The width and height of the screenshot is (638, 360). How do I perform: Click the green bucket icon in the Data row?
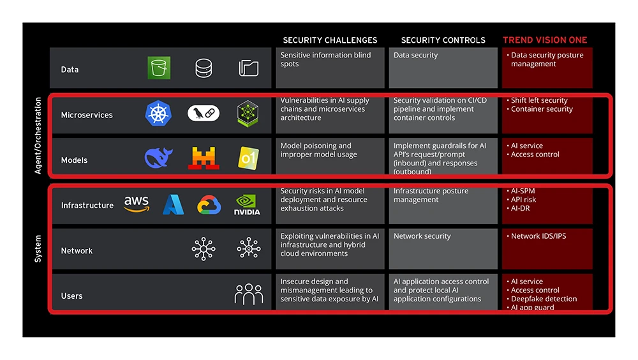(159, 68)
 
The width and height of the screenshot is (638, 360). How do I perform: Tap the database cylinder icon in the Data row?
(204, 68)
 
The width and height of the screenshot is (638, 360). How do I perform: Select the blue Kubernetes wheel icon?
(158, 114)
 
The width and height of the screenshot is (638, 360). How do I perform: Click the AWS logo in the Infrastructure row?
(137, 204)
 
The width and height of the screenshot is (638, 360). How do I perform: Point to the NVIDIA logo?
(247, 205)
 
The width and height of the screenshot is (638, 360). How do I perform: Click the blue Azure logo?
(173, 205)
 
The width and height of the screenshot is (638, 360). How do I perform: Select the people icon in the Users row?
(249, 294)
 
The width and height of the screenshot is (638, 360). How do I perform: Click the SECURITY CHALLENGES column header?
(330, 40)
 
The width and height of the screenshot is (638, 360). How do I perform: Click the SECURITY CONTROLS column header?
(443, 40)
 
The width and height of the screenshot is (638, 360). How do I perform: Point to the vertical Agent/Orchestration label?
(38, 135)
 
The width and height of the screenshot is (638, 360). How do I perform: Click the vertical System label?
(38, 249)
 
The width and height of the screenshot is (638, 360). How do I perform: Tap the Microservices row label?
(87, 116)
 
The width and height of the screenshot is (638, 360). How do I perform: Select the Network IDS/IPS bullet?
(538, 236)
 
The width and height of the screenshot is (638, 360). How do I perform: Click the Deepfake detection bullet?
(544, 299)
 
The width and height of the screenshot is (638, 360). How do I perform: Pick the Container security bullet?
(542, 109)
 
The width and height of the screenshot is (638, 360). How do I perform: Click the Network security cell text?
(422, 236)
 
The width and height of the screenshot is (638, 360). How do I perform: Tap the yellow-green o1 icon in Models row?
(248, 158)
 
